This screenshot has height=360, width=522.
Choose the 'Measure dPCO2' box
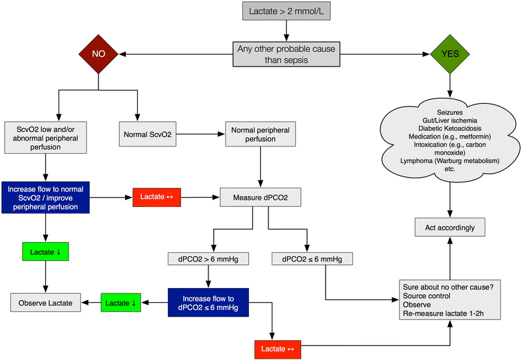pos(260,197)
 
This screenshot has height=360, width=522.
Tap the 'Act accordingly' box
pos(450,228)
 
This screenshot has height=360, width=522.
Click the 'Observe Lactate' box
pos(45,303)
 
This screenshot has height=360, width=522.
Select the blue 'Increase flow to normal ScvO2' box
pos(45,197)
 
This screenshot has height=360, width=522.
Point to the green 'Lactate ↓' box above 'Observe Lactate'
pos(45,252)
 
